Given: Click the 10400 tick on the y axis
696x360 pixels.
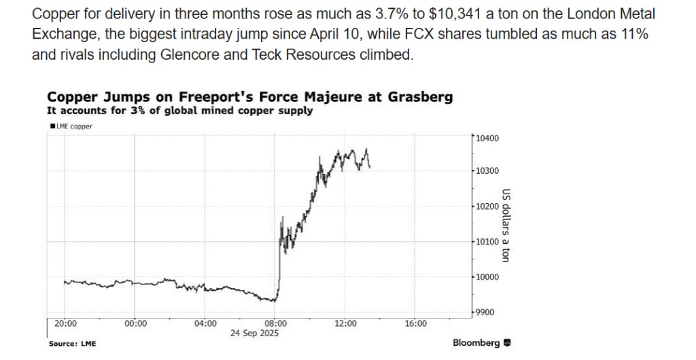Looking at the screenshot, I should [x=487, y=139].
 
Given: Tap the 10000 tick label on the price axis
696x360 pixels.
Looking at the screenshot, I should [x=487, y=277].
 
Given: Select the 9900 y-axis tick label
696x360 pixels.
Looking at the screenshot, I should [x=485, y=312].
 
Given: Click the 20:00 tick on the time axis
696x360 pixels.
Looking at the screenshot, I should [x=65, y=323].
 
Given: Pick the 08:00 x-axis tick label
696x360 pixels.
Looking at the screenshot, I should [x=275, y=323].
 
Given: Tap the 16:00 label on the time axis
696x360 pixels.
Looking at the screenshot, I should [x=415, y=323].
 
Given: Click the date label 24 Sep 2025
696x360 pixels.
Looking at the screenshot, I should [x=254, y=334].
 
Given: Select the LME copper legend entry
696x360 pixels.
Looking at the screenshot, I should [x=71, y=126].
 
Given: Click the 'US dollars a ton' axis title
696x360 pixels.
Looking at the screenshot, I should [x=506, y=225].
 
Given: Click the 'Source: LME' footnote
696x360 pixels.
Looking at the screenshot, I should [x=72, y=344].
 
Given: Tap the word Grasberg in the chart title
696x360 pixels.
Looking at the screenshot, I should [x=420, y=97].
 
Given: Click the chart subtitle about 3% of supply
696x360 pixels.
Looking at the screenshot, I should [x=179, y=111].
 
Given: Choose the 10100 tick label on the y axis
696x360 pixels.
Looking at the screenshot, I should [x=487, y=242].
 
